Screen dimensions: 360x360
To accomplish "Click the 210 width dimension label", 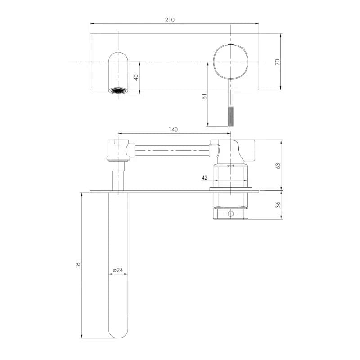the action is pyautogui.click(x=170, y=20).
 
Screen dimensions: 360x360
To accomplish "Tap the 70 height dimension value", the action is pyautogui.click(x=278, y=62).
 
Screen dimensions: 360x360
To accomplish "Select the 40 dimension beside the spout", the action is pyautogui.click(x=136, y=77).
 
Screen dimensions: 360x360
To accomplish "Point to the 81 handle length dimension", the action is pyautogui.click(x=204, y=97).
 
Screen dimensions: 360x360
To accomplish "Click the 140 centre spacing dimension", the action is pyautogui.click(x=173, y=130).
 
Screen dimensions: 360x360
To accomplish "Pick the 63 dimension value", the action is pyautogui.click(x=278, y=166).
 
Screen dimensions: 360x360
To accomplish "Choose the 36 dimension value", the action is pyautogui.click(x=278, y=205).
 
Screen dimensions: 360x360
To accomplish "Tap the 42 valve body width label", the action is pyautogui.click(x=204, y=178).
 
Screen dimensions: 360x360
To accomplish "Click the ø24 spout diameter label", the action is pyautogui.click(x=118, y=270).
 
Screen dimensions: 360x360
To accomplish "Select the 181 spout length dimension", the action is pyautogui.click(x=78, y=264).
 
